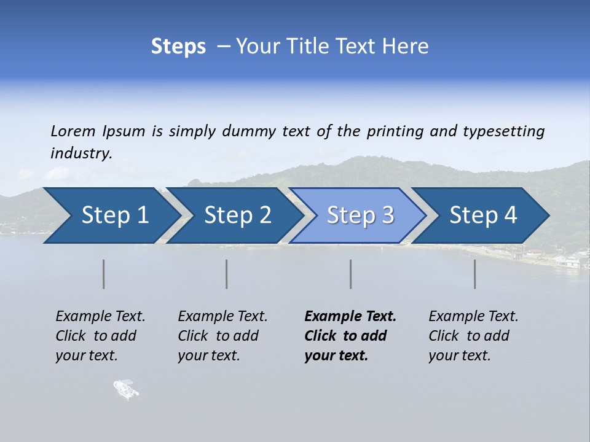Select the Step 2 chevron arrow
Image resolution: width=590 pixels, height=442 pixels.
point(237,215)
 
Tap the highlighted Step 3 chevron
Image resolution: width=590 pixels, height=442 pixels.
point(360,215)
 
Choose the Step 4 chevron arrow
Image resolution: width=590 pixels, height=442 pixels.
point(483,215)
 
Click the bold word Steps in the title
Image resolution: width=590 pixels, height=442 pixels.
point(178,47)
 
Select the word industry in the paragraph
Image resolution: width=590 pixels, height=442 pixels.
point(81,153)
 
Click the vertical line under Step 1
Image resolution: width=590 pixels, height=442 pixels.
point(104,274)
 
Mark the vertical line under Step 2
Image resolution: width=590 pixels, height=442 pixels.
point(227,274)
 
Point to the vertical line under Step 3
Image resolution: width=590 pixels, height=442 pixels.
point(351,274)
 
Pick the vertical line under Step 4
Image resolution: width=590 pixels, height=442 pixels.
point(475,274)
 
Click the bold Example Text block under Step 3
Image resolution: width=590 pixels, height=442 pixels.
point(350,336)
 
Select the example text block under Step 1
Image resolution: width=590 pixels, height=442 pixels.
point(100,336)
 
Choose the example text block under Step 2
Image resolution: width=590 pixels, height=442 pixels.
point(222,336)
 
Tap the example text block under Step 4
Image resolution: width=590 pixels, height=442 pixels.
point(473,336)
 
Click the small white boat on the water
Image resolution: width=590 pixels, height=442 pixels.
point(126,389)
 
